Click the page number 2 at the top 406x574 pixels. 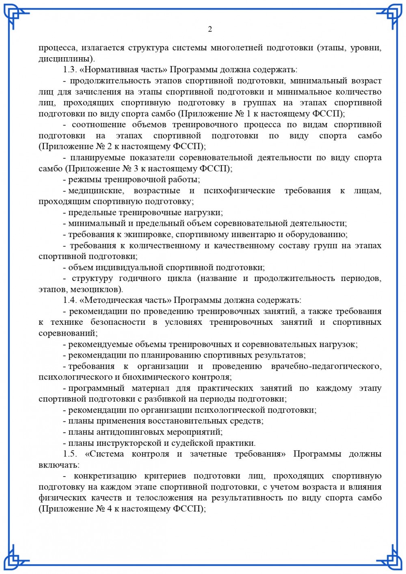[210, 29]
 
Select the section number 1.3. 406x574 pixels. [70, 70]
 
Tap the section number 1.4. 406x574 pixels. [70, 300]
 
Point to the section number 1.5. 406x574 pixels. [70, 454]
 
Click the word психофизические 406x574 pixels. [239, 190]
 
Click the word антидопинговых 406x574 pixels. [134, 432]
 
